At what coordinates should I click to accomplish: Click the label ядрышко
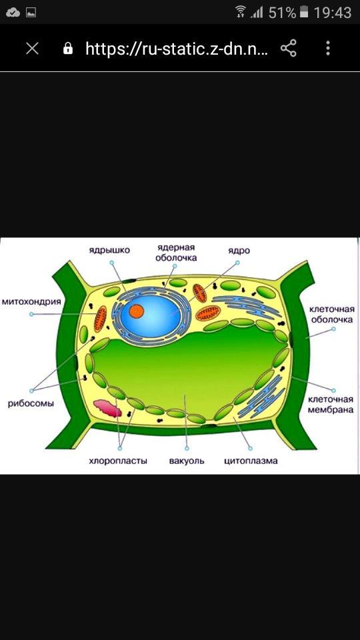click(109, 250)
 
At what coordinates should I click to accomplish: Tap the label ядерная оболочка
click(177, 253)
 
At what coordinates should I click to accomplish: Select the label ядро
click(239, 250)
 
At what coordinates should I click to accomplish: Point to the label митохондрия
click(31, 302)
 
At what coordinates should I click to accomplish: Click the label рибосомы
click(31, 404)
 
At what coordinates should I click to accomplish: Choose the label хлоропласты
click(118, 461)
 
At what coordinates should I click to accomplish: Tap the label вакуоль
click(187, 461)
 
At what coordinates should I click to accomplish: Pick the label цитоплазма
click(251, 461)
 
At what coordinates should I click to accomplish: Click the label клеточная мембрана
click(331, 404)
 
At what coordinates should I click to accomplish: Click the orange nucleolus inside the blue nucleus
click(136, 311)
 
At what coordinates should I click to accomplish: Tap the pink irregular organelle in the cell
click(108, 408)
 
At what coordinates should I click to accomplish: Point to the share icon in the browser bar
click(289, 49)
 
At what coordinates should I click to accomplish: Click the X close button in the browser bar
click(32, 49)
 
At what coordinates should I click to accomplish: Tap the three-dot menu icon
click(328, 48)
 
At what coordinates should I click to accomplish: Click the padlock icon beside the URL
click(68, 49)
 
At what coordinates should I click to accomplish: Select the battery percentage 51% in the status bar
click(282, 13)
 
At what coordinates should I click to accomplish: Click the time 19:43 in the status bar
click(333, 13)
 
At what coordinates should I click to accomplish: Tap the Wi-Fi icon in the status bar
click(241, 11)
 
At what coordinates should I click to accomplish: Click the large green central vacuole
click(188, 367)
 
